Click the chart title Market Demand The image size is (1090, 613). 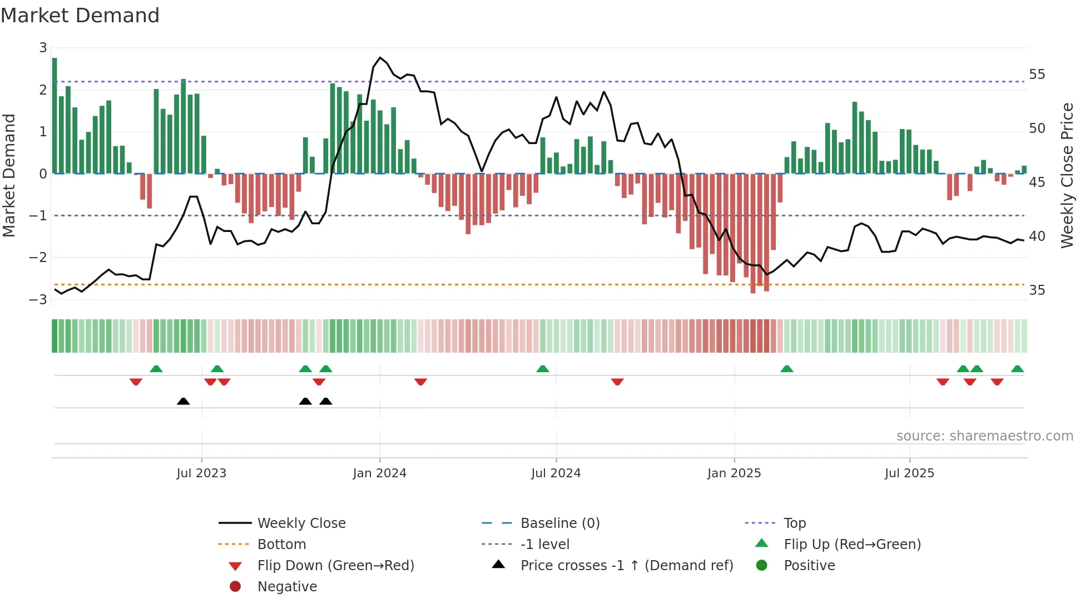click(80, 16)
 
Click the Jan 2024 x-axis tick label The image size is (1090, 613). click(379, 473)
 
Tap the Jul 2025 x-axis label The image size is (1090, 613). click(909, 473)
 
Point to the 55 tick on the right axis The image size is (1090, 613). click(1037, 75)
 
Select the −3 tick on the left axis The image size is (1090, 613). click(38, 299)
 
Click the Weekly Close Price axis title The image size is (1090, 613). click(1067, 175)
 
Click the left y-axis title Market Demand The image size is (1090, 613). click(9, 175)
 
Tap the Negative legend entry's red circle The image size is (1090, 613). click(235, 587)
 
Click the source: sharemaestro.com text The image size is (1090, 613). click(984, 436)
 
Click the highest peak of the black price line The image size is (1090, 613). click(380, 58)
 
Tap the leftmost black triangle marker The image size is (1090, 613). click(183, 401)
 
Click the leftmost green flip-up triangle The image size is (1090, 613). click(156, 369)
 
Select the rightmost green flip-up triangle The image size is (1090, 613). click(1017, 369)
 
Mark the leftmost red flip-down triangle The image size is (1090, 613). click(136, 382)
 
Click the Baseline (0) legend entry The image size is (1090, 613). click(559, 523)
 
